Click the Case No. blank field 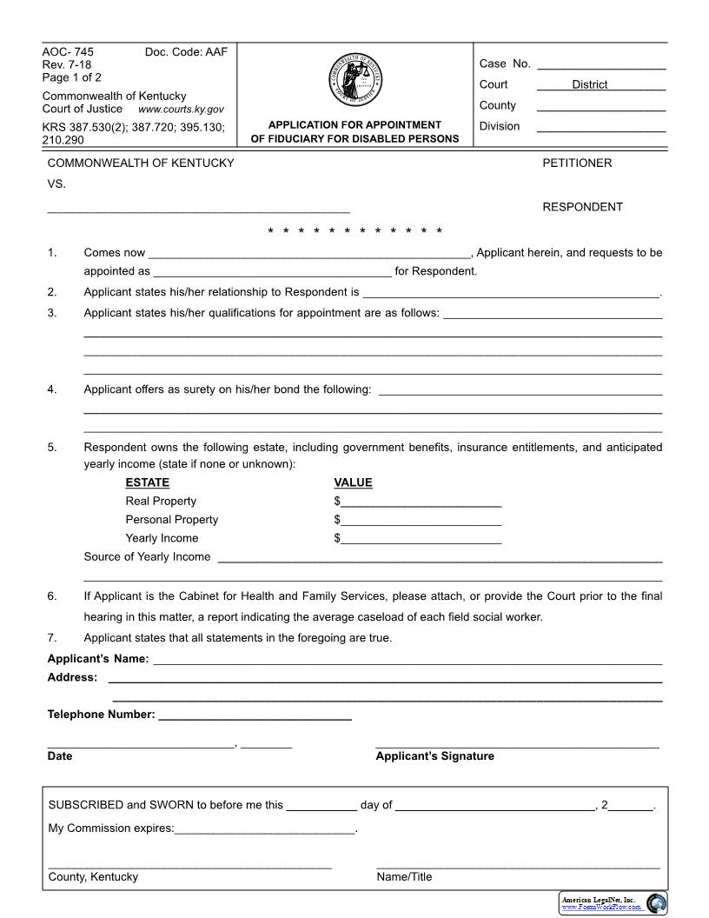601,65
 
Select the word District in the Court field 589,85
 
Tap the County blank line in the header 601,107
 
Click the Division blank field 601,128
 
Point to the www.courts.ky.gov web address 181,110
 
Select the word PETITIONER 577,163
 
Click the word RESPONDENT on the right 582,207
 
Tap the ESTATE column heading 148,482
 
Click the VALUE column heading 353,482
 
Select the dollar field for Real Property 421,502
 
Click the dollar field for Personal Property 421,520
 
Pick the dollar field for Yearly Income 421,539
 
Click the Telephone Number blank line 255,715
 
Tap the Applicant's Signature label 434,756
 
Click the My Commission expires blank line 265,828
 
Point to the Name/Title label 404,877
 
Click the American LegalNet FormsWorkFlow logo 613,903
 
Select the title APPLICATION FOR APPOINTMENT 354,125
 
